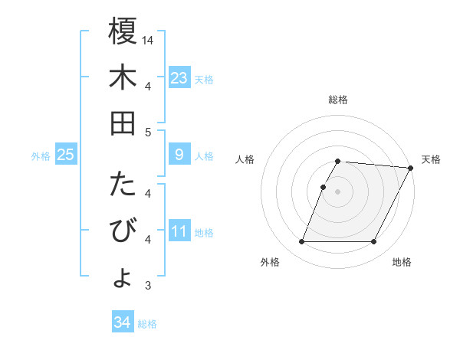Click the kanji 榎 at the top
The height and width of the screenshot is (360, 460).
click(123, 33)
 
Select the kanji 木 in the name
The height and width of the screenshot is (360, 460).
click(123, 78)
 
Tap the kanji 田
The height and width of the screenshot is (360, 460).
click(123, 123)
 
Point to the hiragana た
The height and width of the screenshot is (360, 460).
click(123, 185)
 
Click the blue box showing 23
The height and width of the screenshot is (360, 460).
click(179, 78)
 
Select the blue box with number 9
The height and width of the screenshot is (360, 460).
click(179, 155)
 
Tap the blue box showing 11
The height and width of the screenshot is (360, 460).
click(179, 231)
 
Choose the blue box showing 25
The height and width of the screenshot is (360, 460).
click(66, 155)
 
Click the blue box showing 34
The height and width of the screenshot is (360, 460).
click(123, 322)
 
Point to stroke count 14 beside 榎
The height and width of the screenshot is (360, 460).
click(149, 40)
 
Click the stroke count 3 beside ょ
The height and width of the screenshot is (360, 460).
click(148, 286)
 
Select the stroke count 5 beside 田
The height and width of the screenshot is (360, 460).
click(148, 132)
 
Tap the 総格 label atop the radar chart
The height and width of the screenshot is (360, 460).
click(338, 100)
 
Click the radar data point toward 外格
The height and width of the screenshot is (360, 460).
click(301, 242)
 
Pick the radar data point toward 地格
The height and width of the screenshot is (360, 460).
click(374, 242)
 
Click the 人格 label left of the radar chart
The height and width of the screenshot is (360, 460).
click(245, 159)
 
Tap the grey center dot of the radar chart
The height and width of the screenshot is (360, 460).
click(338, 191)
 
